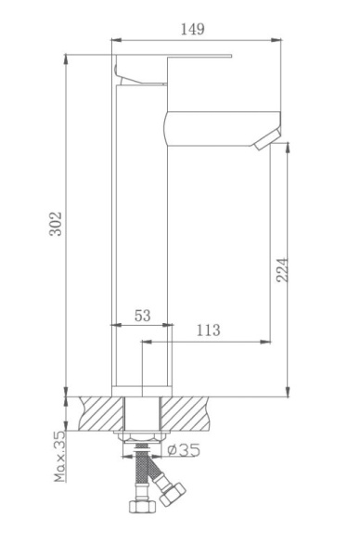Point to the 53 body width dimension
142,316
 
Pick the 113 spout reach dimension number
209,330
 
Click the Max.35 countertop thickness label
60,455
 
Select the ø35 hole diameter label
185,450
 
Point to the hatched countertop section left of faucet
102,412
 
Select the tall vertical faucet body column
142,241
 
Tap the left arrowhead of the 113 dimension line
145,342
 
